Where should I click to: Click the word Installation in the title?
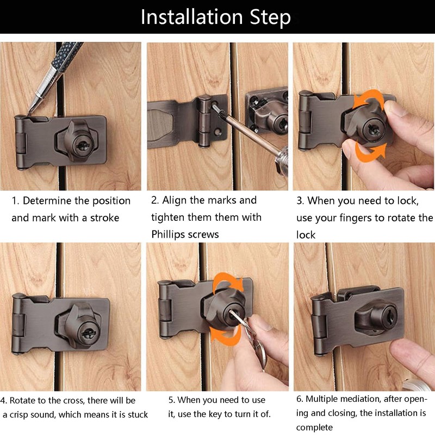192,17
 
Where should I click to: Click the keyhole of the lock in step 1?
83,146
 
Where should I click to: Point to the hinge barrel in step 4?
18,324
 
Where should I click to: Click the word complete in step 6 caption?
314,427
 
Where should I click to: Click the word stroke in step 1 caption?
104,218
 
